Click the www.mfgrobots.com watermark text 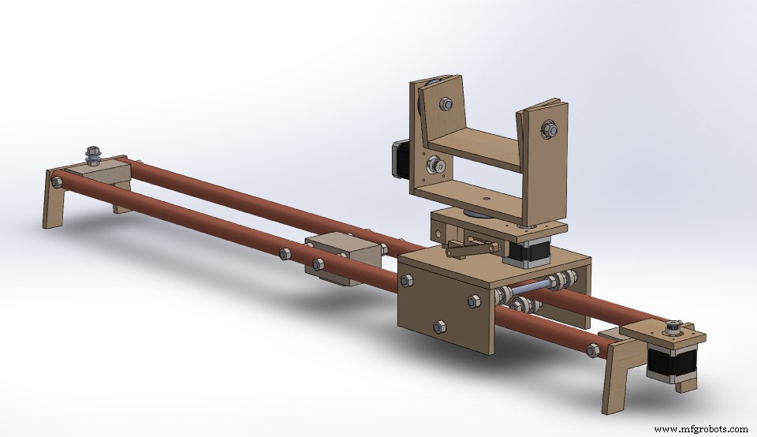click(x=701, y=429)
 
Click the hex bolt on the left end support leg click(x=56, y=182)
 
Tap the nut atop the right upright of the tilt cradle click(x=549, y=126)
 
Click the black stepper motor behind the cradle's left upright click(x=398, y=163)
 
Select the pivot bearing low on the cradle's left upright click(x=434, y=166)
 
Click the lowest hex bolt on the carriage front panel click(x=439, y=325)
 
